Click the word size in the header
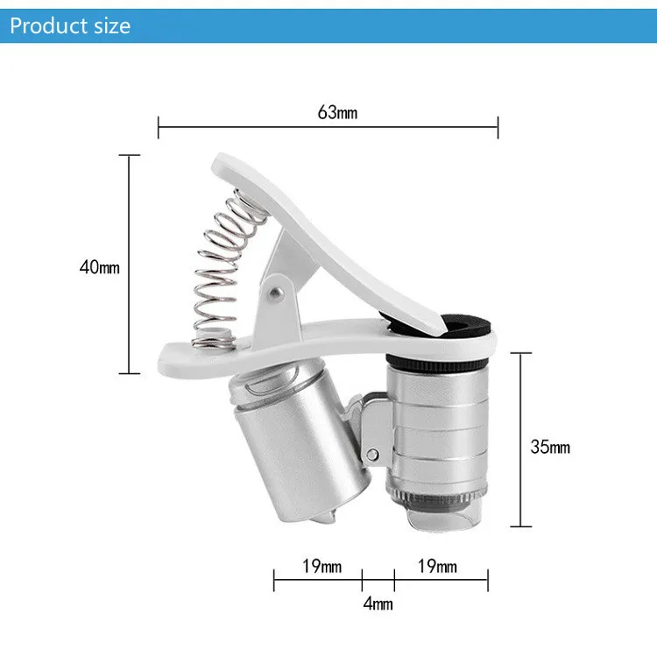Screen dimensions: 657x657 click(x=111, y=25)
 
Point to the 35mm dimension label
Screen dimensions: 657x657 click(x=550, y=447)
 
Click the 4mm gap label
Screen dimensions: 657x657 click(x=378, y=604)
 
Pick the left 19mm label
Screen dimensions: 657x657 click(x=321, y=567)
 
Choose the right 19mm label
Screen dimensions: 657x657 click(x=437, y=567)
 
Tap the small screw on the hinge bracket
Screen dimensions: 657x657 click(x=374, y=454)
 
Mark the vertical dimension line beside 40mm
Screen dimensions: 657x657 click(x=129, y=263)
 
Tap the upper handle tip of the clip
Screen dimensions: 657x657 click(x=224, y=163)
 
